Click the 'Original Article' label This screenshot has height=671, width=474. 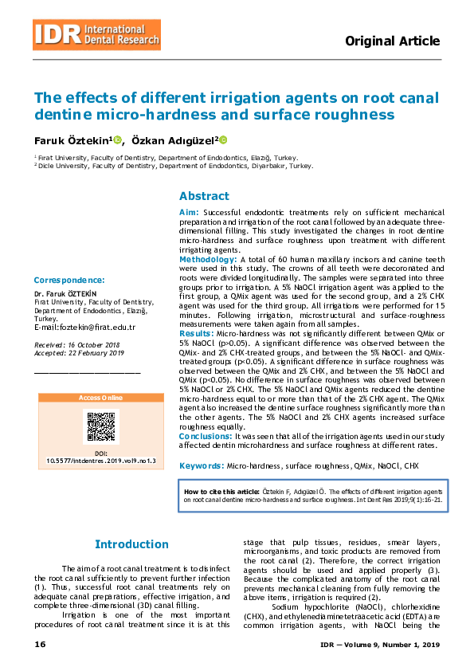(392, 41)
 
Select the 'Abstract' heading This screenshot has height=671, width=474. (204, 196)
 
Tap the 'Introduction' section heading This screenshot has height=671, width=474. (131, 544)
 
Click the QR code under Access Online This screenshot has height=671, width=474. (100, 426)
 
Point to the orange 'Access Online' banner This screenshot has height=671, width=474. (100, 397)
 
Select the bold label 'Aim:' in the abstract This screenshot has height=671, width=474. (189, 213)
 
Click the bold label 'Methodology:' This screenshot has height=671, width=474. (207, 260)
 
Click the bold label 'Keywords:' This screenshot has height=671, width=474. (201, 465)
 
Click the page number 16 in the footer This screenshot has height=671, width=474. (40, 644)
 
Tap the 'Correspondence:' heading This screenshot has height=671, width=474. (69, 280)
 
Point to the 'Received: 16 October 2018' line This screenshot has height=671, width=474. (76, 344)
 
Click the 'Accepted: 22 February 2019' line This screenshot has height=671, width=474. (79, 352)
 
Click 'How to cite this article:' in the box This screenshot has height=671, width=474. (221, 492)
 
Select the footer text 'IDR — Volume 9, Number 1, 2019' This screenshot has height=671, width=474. (379, 644)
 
